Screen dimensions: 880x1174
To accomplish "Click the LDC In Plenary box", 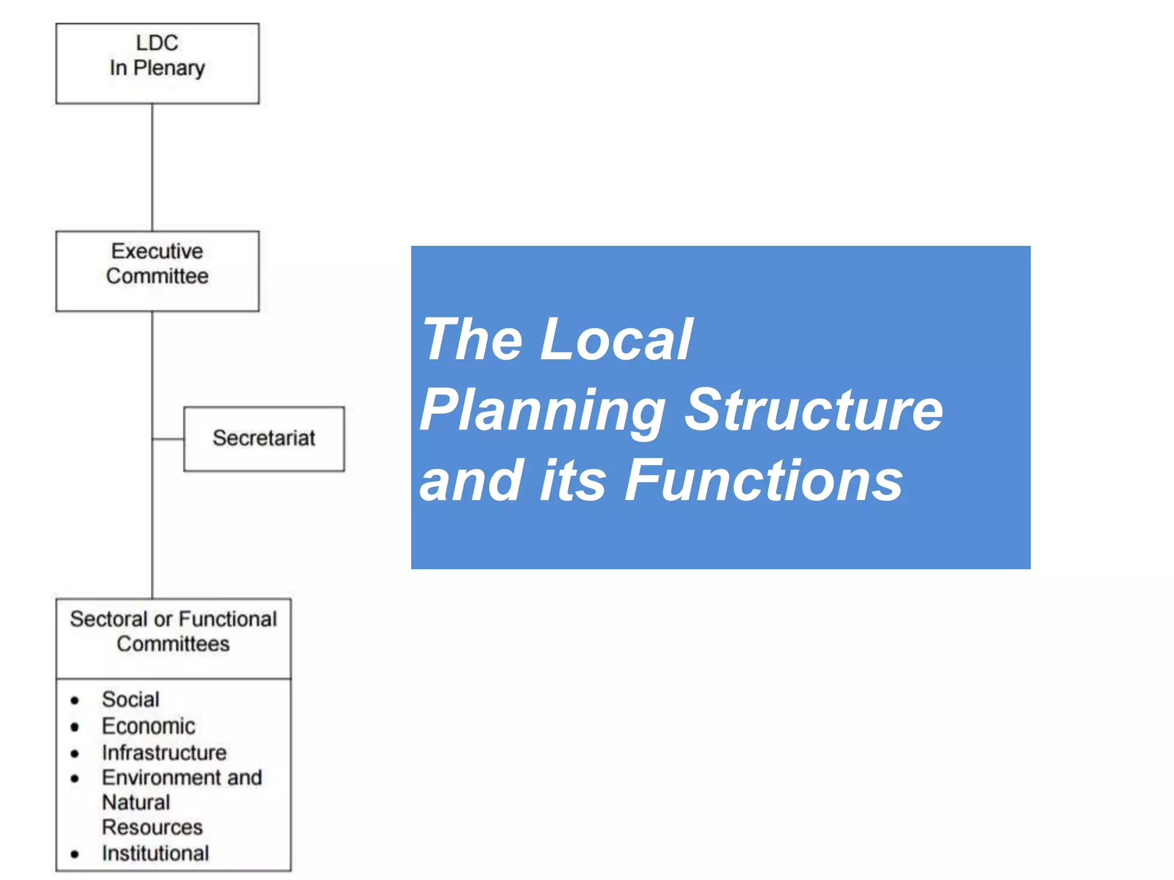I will tap(157, 63).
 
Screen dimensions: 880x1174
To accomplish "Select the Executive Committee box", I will tap(157, 270).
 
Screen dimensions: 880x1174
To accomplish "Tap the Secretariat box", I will tap(264, 438).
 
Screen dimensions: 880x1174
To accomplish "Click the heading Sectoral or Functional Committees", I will tap(173, 631).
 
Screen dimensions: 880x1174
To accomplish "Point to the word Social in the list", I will tap(131, 700).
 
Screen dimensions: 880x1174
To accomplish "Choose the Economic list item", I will tap(148, 726).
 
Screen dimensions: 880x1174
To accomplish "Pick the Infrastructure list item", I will tap(164, 752).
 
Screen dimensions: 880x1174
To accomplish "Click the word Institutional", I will tap(155, 853).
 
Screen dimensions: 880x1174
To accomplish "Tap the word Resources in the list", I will tap(152, 827).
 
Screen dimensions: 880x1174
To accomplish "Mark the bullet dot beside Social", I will tap(75, 701).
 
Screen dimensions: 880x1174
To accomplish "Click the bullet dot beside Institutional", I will tap(75, 854).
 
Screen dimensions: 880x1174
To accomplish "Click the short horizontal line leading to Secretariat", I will tap(168, 439).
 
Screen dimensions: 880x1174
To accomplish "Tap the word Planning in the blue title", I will tap(542, 410).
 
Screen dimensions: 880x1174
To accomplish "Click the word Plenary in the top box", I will tap(169, 68).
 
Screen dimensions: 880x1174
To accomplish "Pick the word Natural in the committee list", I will tap(136, 802).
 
